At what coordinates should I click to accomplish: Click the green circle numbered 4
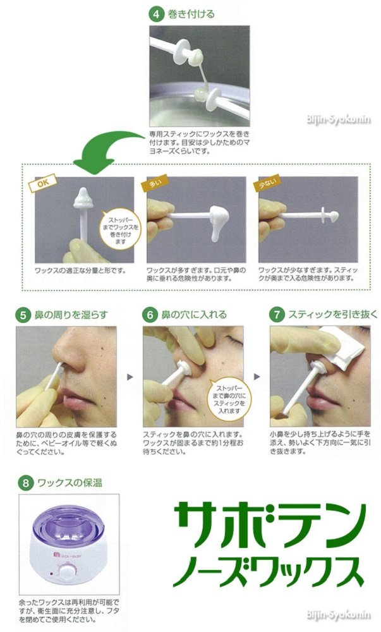(x=155, y=15)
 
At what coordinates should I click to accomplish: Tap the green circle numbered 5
(x=23, y=315)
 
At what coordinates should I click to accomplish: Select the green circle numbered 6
(x=150, y=315)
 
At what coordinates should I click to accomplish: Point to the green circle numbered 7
(x=277, y=314)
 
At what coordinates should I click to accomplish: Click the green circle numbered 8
(x=25, y=482)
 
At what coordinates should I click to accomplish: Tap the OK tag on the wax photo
(x=43, y=183)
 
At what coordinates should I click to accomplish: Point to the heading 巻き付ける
(x=191, y=15)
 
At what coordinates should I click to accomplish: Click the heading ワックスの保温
(x=70, y=482)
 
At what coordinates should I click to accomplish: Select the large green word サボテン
(x=270, y=524)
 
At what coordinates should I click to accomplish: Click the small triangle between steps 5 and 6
(x=130, y=377)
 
